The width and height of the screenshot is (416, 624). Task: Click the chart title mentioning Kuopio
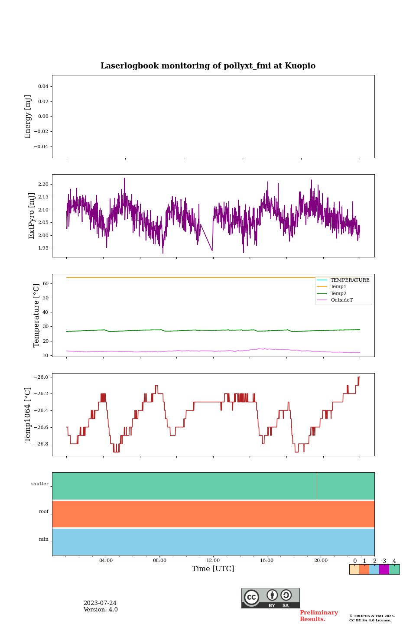(208, 66)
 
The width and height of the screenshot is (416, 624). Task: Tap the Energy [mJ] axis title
(28, 117)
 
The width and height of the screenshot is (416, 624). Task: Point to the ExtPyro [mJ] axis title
(32, 216)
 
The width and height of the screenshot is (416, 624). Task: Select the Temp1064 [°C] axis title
(28, 415)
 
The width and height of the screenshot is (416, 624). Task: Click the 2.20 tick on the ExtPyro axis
(43, 185)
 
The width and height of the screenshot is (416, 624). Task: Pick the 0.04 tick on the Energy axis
(43, 87)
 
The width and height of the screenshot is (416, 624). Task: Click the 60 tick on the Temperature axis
(45, 284)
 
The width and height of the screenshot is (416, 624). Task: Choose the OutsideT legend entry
(341, 300)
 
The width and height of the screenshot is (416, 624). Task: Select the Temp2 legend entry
(338, 294)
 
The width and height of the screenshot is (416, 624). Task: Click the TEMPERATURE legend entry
(350, 280)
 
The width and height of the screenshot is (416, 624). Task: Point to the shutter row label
(40, 484)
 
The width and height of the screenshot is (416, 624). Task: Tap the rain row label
(44, 539)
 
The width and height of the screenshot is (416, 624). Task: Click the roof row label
(44, 512)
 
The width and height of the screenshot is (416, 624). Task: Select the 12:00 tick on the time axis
(213, 561)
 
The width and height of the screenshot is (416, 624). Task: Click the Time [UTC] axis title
(213, 569)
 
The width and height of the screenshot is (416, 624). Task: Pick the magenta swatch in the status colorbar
(384, 569)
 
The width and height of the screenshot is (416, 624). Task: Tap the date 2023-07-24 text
(100, 603)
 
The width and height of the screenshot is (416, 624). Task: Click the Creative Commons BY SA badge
(270, 598)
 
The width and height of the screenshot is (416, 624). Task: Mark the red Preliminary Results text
(318, 616)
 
